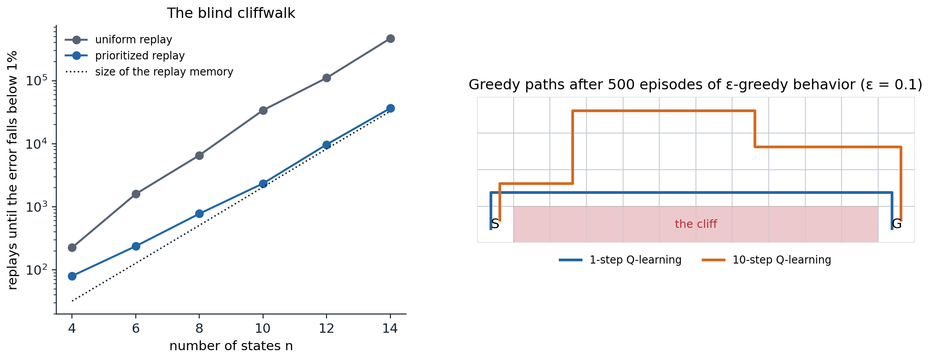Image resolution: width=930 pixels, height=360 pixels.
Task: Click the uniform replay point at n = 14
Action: pos(390,39)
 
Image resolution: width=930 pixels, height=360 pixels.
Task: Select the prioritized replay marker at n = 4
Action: pos(72,276)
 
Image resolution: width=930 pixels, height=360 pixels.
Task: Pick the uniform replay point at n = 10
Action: pos(263,110)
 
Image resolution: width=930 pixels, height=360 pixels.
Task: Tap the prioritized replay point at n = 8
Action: pos(199,214)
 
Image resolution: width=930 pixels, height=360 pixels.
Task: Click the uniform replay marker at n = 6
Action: pos(136,194)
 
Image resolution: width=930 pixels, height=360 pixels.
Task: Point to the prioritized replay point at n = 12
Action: pos(327,145)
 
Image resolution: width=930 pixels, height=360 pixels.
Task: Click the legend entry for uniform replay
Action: pos(119,40)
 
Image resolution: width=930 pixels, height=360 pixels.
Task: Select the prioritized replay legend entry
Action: pos(125,56)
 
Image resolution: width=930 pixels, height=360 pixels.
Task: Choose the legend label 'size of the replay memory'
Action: pos(149,72)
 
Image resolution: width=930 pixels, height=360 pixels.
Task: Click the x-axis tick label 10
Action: pos(263,329)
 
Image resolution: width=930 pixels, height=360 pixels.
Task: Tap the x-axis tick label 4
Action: pos(72,329)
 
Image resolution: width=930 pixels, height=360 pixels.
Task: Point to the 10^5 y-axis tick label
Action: pos(37,80)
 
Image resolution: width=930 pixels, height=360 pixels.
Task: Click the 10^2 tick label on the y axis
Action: pos(37,270)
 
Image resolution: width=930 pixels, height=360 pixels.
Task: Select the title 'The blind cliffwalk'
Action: pos(231,13)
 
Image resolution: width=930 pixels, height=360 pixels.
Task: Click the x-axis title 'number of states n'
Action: pos(231,346)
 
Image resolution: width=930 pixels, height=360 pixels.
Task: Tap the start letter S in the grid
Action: pos(495,224)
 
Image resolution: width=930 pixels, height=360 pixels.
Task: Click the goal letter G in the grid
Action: pos(896,224)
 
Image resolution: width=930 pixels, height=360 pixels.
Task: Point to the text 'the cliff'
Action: pos(696,224)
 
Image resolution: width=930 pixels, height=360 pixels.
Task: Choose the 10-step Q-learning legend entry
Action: pos(767,260)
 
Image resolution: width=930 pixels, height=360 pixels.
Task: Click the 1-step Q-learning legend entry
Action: pos(620,260)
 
